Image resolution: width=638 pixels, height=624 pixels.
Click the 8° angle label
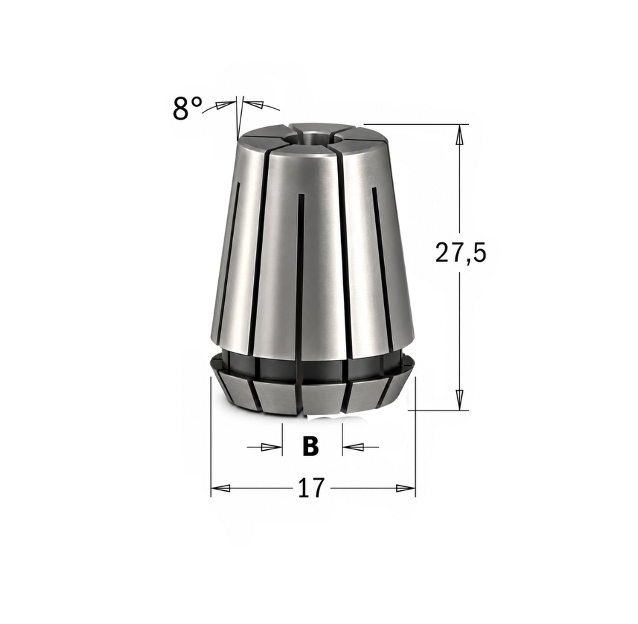point(187,108)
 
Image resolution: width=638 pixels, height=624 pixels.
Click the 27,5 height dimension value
point(461,253)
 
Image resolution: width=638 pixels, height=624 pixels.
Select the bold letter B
point(311,447)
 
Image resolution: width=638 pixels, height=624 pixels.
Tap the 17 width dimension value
point(312,488)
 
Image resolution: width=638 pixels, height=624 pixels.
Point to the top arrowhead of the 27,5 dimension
point(459,135)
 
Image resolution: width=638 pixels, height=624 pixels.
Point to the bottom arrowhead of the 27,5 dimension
point(459,400)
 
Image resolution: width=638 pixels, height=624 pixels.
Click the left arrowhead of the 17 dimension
point(221,488)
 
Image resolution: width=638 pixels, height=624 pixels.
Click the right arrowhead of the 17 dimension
point(405,488)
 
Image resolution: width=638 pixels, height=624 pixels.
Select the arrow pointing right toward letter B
point(265,447)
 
